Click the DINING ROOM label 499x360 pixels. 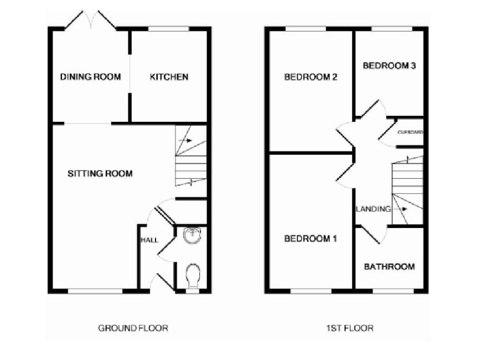[x=90, y=77]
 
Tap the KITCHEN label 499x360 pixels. [x=169, y=77]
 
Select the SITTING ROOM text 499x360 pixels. [x=100, y=174]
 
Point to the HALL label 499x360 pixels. [x=149, y=240]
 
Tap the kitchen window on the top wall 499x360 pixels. [x=169, y=28]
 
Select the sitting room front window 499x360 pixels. [x=95, y=291]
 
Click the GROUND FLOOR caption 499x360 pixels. [x=133, y=328]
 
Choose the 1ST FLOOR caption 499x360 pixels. [x=350, y=328]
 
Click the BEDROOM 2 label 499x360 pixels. [x=311, y=77]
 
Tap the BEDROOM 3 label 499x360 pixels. [x=389, y=66]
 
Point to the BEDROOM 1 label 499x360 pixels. [x=311, y=239]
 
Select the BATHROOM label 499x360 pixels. [x=389, y=266]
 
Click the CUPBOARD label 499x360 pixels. [x=410, y=132]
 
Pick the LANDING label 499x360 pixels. [x=373, y=209]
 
